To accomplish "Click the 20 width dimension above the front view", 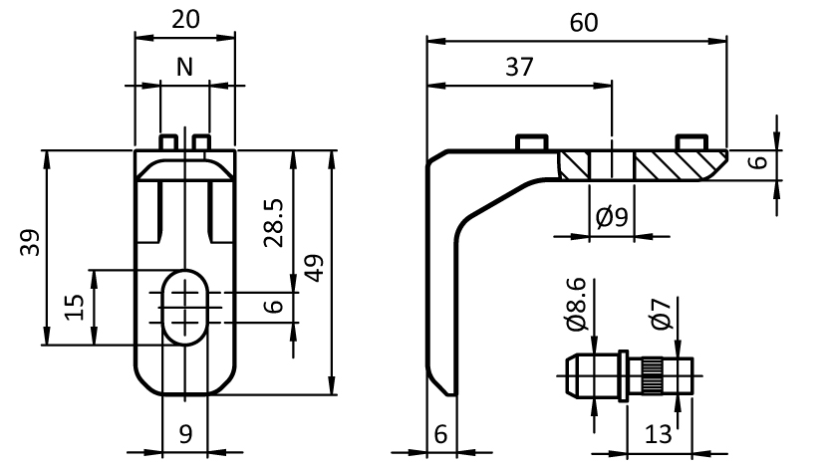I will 184,21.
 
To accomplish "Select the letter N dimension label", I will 184,67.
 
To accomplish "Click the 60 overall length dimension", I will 584,23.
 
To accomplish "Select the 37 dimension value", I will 518,67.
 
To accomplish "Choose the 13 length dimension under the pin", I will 655,435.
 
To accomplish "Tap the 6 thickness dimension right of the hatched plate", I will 758,162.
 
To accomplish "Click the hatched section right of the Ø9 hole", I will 674,165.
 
